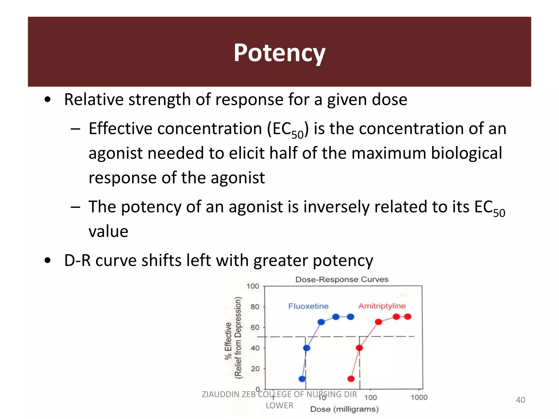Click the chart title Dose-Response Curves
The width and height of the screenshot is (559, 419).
342,279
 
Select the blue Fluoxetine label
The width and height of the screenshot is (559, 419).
308,306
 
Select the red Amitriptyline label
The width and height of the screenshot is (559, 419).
382,306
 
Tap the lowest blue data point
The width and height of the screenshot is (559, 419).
302,379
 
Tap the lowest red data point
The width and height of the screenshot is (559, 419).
351,379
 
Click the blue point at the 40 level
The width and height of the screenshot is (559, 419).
307,348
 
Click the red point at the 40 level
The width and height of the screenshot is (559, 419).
359,348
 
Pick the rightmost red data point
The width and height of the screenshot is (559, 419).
408,317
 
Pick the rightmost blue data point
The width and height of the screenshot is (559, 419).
350,317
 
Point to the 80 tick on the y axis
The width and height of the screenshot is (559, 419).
255,307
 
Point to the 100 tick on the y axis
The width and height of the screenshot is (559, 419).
253,286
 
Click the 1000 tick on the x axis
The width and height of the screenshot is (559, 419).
419,397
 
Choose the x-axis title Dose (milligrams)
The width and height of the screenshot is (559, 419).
344,409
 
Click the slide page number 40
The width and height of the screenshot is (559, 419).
520,400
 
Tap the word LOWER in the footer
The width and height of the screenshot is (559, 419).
279,406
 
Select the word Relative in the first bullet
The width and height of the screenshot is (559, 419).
94,99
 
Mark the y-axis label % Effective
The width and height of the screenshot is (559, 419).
228,341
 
